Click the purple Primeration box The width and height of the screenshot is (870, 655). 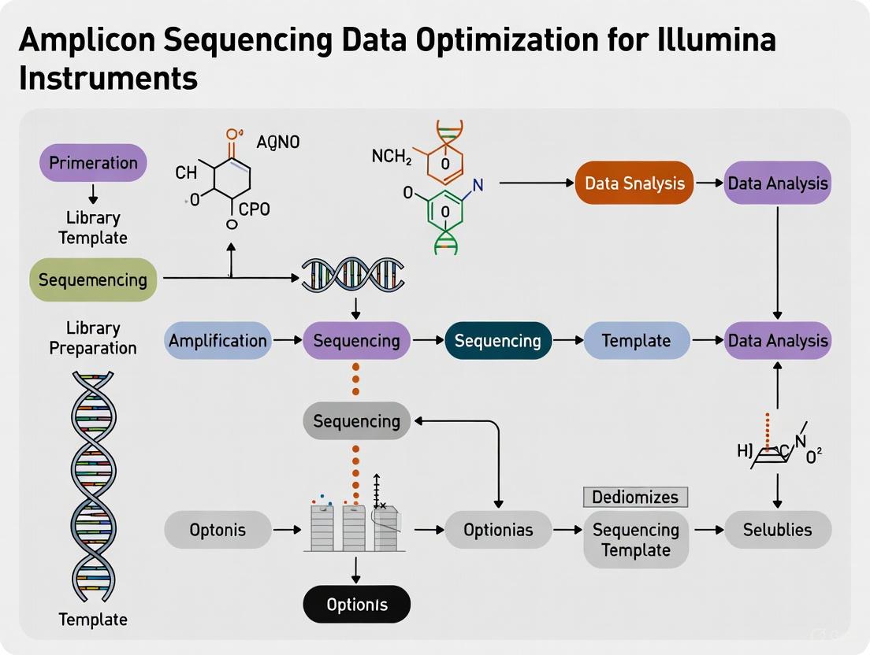(93, 163)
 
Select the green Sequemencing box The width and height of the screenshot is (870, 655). (93, 279)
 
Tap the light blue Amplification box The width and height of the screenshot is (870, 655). (217, 341)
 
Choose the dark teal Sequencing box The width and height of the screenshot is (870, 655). (498, 341)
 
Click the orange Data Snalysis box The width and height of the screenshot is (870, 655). (634, 183)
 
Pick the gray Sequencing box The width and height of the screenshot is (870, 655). (357, 421)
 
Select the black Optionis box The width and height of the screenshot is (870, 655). (357, 605)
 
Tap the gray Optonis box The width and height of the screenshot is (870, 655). (217, 530)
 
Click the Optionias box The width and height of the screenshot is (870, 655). (498, 530)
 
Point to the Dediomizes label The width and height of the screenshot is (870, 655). (635, 497)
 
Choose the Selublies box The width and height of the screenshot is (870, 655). (778, 530)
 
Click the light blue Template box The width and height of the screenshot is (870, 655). (636, 341)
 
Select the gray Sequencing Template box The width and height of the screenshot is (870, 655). (636, 539)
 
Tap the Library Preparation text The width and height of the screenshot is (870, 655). (93, 338)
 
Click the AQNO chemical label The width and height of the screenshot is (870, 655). (278, 142)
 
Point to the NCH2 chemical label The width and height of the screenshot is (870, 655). (392, 157)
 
